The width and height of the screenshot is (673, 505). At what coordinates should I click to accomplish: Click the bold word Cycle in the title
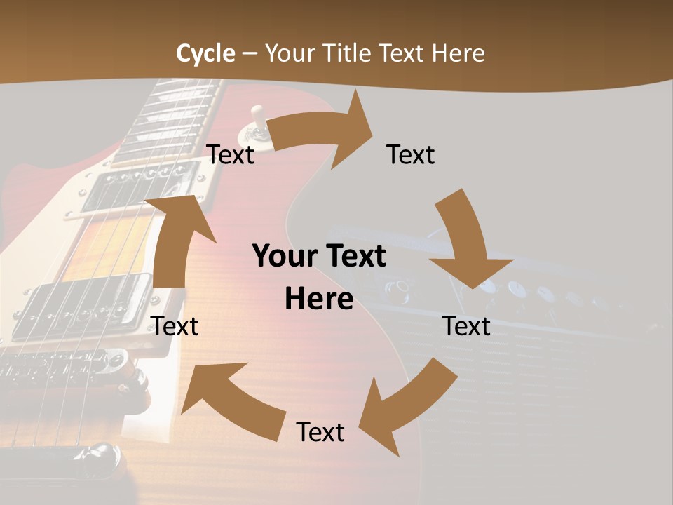point(205,53)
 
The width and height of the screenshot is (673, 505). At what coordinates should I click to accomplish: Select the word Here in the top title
point(457,53)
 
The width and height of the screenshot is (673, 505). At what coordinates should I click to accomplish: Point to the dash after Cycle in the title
point(250,54)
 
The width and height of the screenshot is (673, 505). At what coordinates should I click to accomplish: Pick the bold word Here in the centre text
point(319,299)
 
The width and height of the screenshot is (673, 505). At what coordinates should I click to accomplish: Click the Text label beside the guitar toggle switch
point(231,154)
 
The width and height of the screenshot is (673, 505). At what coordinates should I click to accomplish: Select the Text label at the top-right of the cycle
point(411,154)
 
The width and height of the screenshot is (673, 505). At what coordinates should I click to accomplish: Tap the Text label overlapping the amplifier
point(466,326)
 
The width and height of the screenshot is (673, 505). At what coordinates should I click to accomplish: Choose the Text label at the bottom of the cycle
point(320,432)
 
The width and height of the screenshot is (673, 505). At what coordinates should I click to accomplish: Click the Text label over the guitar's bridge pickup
point(175,326)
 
